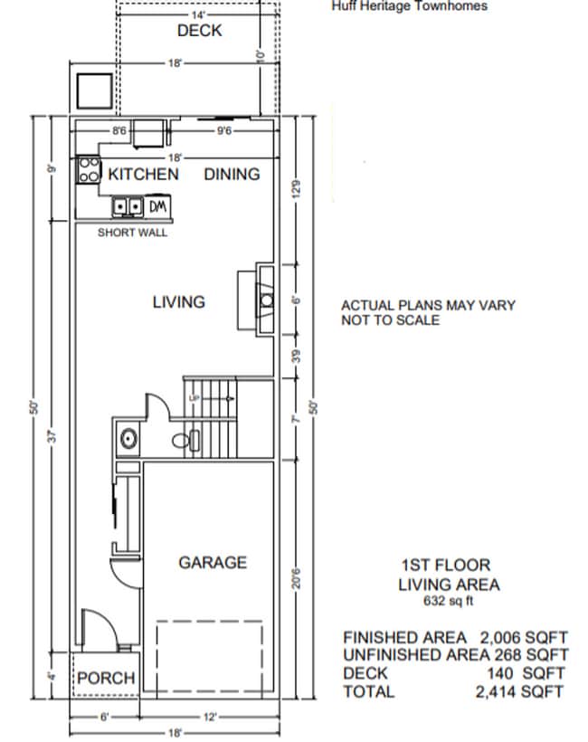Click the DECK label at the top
tap(199, 31)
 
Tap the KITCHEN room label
tap(143, 174)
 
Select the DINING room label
tap(232, 174)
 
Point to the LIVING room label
tap(178, 301)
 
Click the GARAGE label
tap(212, 562)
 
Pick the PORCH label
tap(105, 678)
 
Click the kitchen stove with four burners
tap(89, 169)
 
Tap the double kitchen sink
tap(128, 207)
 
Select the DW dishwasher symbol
tap(156, 207)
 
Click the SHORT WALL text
tap(132, 233)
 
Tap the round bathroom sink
tap(128, 441)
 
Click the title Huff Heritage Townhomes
tap(410, 6)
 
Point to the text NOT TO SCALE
tap(390, 320)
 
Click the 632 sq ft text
tap(449, 600)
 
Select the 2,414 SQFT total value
tap(520, 692)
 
